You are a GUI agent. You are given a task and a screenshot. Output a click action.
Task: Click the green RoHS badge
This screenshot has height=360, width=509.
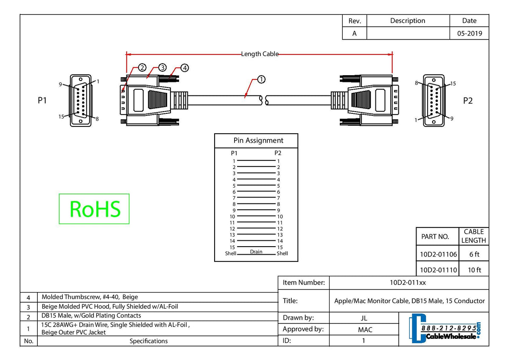(94, 209)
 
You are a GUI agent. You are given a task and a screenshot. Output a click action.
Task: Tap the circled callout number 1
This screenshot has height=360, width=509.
(261, 79)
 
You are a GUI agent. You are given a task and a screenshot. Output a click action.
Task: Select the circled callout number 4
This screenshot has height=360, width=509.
(185, 68)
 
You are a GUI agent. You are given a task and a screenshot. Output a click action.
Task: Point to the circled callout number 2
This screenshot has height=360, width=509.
(142, 67)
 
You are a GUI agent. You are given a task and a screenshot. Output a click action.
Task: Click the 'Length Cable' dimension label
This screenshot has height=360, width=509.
(260, 54)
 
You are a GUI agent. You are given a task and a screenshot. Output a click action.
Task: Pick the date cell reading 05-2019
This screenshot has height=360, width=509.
(470, 34)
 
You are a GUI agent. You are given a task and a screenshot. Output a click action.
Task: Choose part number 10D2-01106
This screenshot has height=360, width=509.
(438, 254)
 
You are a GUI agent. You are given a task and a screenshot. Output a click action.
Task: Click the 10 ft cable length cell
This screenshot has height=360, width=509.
(474, 270)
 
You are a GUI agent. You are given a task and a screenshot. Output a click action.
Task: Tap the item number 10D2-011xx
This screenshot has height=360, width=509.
(408, 282)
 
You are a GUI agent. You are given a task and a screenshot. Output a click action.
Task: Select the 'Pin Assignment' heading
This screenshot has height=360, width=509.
(258, 141)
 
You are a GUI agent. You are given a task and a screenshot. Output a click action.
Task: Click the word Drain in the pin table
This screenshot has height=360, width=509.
(256, 251)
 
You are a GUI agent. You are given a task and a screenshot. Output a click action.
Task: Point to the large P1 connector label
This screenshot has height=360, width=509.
(42, 100)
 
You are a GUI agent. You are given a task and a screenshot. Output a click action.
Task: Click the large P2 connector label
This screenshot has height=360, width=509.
(467, 101)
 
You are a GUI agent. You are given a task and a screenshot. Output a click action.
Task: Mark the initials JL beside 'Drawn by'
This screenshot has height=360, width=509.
(364, 318)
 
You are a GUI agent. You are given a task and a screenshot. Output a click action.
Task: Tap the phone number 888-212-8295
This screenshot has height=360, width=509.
(449, 328)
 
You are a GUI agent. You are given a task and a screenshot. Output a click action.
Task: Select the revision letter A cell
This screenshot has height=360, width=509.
(354, 34)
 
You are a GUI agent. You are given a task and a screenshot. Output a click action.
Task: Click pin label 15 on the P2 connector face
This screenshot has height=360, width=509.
(453, 84)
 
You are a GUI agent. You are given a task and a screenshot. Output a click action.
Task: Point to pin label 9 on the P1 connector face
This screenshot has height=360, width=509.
(60, 84)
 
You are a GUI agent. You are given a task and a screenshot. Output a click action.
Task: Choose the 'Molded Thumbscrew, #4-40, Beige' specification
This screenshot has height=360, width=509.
(90, 297)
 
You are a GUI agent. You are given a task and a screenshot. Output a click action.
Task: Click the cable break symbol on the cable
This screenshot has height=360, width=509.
(264, 100)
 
